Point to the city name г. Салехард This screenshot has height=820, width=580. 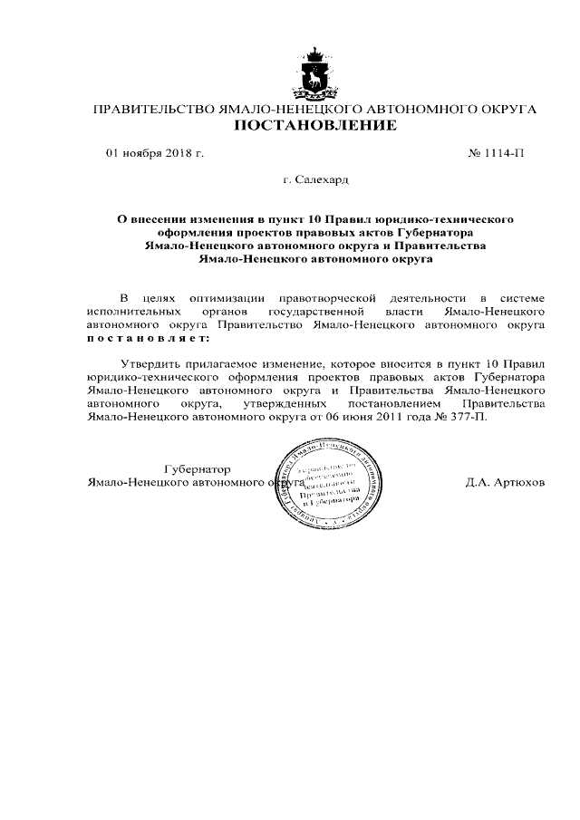[315, 180]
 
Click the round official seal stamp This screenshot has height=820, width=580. [328, 478]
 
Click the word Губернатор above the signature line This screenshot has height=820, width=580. [198, 469]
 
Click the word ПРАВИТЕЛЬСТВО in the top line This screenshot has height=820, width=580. [150, 110]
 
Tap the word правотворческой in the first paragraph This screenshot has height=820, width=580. [326, 297]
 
